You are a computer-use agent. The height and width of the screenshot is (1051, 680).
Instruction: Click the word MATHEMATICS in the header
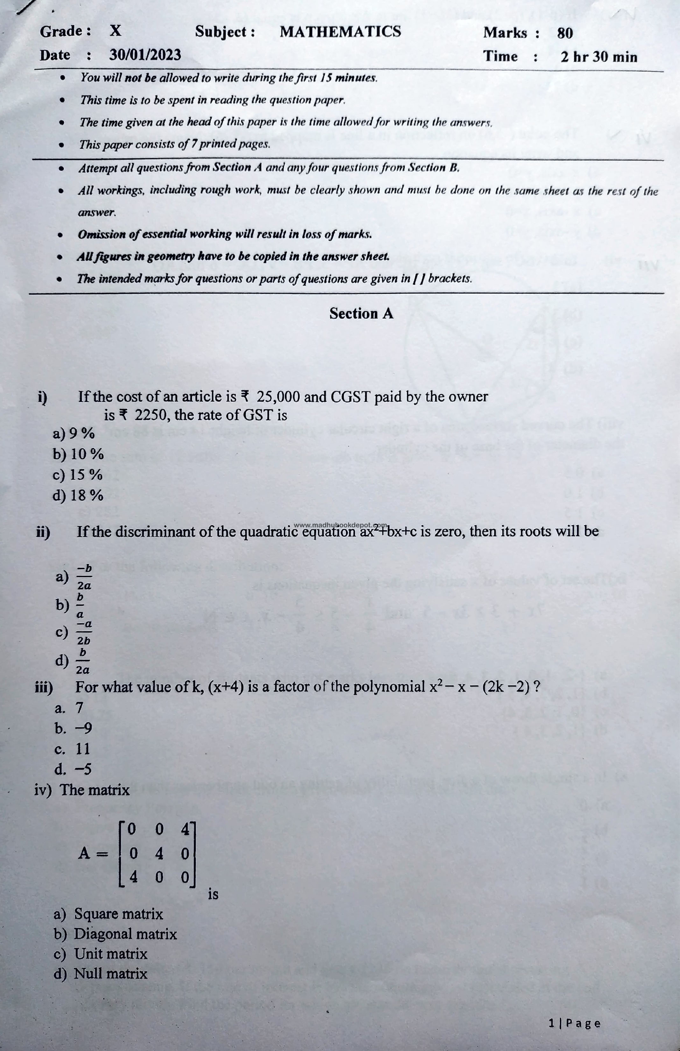[x=340, y=32]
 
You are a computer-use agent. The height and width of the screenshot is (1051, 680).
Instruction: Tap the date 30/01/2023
[x=145, y=55]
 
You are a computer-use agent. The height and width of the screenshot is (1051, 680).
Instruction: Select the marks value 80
[x=565, y=33]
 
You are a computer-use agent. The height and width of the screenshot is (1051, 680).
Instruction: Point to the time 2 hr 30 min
[x=599, y=57]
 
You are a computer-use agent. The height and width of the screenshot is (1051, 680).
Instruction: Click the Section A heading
[x=361, y=313]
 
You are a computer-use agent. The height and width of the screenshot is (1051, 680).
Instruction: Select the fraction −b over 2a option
[x=84, y=577]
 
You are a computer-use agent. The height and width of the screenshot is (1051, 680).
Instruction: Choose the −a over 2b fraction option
[x=84, y=632]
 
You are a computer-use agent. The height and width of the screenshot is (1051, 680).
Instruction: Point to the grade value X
[x=115, y=31]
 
